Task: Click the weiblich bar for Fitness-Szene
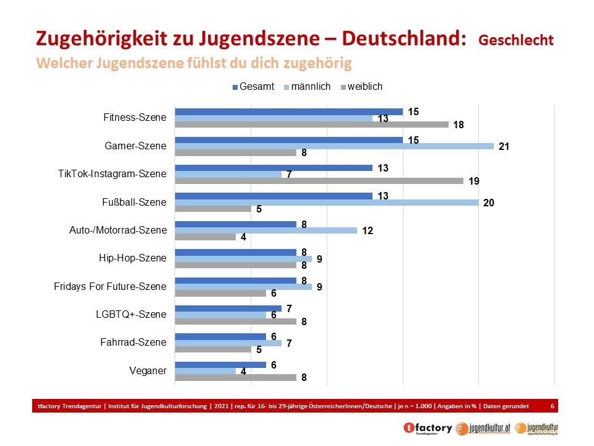(311, 125)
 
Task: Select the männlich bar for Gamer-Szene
(334, 146)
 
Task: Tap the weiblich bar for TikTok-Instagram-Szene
(319, 181)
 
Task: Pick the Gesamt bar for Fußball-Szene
(273, 196)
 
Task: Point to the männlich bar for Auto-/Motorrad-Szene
(266, 230)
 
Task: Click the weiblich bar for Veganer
(236, 377)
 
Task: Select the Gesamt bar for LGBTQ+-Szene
(228, 308)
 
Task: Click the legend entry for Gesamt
(253, 87)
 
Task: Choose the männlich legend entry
(306, 87)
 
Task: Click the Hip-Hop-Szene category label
(132, 258)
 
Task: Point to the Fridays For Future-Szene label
(110, 286)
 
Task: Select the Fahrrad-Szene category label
(133, 342)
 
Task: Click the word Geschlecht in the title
(515, 40)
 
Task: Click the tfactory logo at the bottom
(427, 427)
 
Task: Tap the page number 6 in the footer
(552, 405)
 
